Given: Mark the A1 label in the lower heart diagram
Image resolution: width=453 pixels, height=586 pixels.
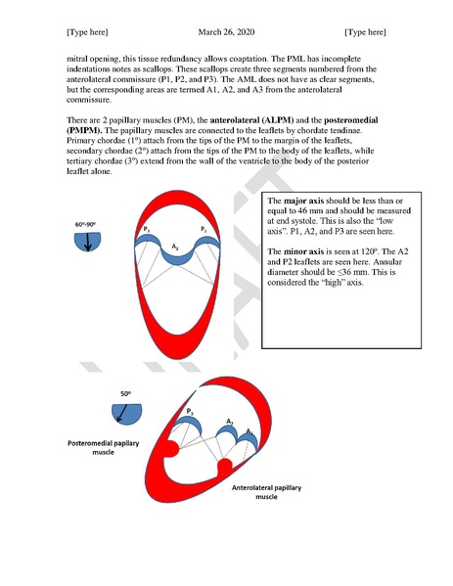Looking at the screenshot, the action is [249, 430].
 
